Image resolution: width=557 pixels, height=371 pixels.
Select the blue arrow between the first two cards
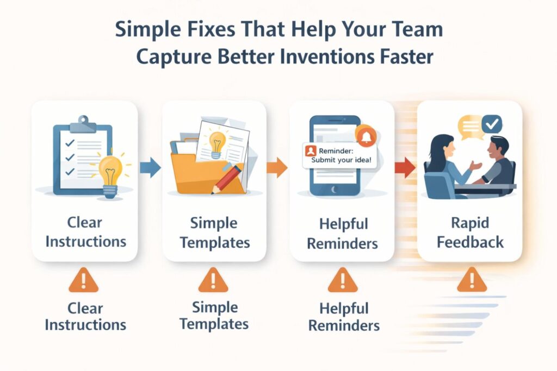coord(150,167)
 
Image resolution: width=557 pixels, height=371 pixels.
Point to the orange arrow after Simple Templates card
coord(277,167)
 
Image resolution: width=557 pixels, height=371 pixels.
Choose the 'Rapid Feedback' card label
coord(470,233)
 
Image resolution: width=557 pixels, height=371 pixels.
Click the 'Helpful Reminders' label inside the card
coord(342,233)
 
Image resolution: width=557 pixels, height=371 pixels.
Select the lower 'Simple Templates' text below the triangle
coord(214,316)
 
